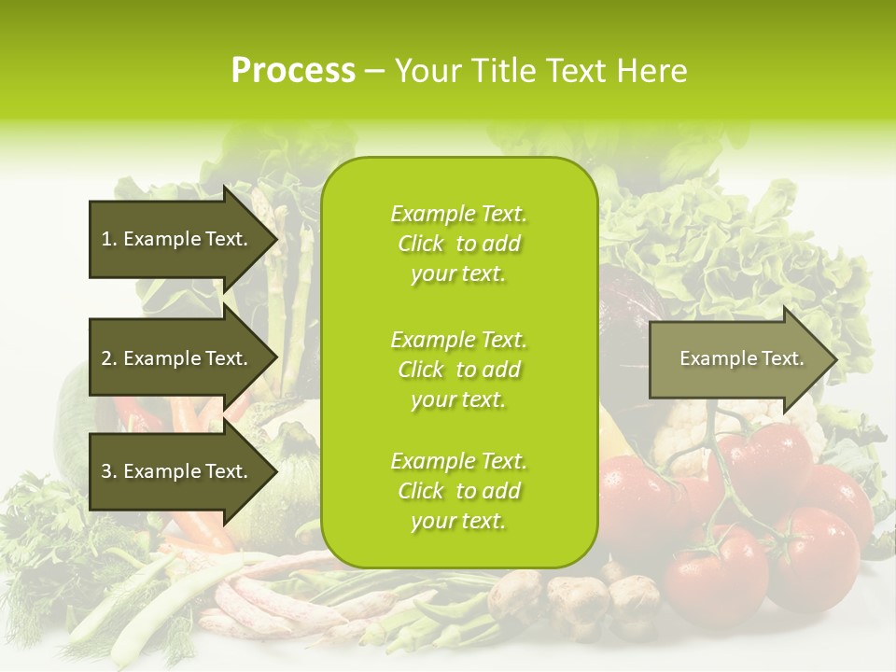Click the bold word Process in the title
(x=293, y=71)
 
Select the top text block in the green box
(x=458, y=244)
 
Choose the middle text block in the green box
(x=458, y=370)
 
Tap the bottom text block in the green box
(x=458, y=491)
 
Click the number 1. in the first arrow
(x=109, y=239)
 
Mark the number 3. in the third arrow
(x=109, y=471)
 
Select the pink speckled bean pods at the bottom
(x=271, y=597)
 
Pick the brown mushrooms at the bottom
(x=579, y=597)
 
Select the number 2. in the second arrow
(x=109, y=358)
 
